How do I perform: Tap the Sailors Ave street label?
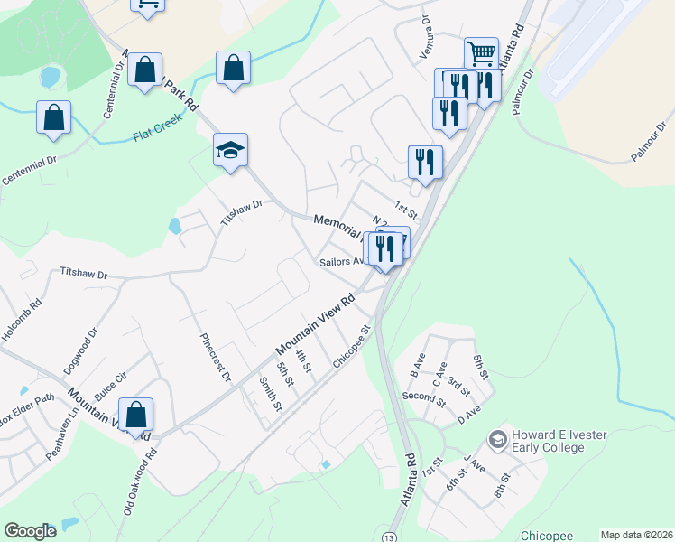(x=340, y=262)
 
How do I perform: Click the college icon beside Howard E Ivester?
(x=496, y=440)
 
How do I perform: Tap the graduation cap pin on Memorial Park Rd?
(x=230, y=150)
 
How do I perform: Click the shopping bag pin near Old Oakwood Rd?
(x=135, y=415)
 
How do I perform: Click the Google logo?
(x=31, y=530)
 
